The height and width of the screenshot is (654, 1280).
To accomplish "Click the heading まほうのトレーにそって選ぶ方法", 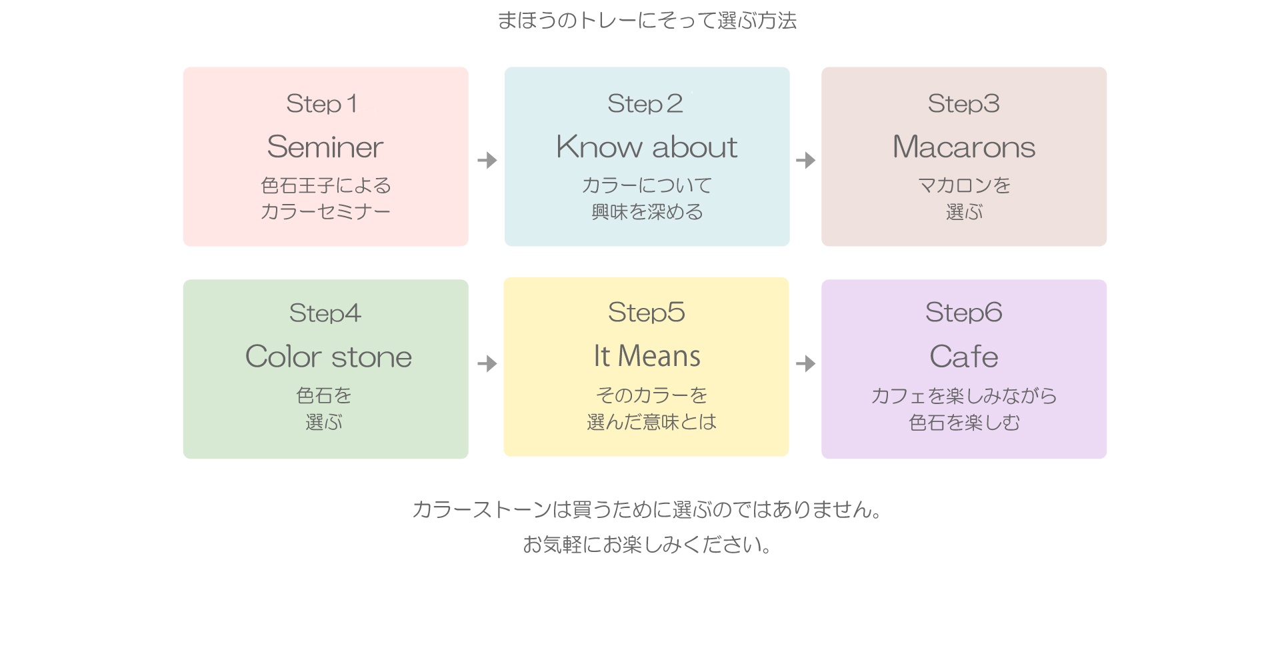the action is (x=647, y=21).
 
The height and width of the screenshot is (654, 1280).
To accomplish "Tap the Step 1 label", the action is (x=322, y=104).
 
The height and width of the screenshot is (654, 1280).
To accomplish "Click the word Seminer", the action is (x=325, y=147).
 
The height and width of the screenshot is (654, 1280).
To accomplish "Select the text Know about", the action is (x=647, y=147).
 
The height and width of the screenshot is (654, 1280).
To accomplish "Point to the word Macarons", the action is (x=964, y=147).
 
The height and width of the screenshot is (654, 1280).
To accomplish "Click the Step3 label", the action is (x=964, y=104).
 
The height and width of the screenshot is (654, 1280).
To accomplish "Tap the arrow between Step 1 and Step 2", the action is (x=487, y=160).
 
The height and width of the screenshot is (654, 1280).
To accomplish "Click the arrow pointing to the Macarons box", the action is (x=806, y=160).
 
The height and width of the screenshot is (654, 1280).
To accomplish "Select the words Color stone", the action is (x=329, y=357).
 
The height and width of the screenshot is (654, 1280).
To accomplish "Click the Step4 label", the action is (x=325, y=313).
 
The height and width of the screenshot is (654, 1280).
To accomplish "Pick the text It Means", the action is (x=647, y=356).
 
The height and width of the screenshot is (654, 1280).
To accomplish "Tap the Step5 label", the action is (x=647, y=313).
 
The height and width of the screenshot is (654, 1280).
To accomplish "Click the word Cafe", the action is (x=964, y=357).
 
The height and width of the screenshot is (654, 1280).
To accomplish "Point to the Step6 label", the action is (x=964, y=313).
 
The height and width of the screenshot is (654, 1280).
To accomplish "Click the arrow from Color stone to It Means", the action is (x=487, y=363).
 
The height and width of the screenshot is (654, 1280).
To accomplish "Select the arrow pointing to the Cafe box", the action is (x=806, y=363).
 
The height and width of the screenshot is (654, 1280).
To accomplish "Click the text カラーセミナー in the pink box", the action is (x=325, y=212).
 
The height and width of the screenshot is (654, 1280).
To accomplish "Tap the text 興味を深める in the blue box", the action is (x=647, y=212).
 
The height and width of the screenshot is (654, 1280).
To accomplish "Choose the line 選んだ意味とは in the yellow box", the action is (x=651, y=422).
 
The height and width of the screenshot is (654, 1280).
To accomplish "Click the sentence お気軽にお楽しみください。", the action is (x=647, y=545).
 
